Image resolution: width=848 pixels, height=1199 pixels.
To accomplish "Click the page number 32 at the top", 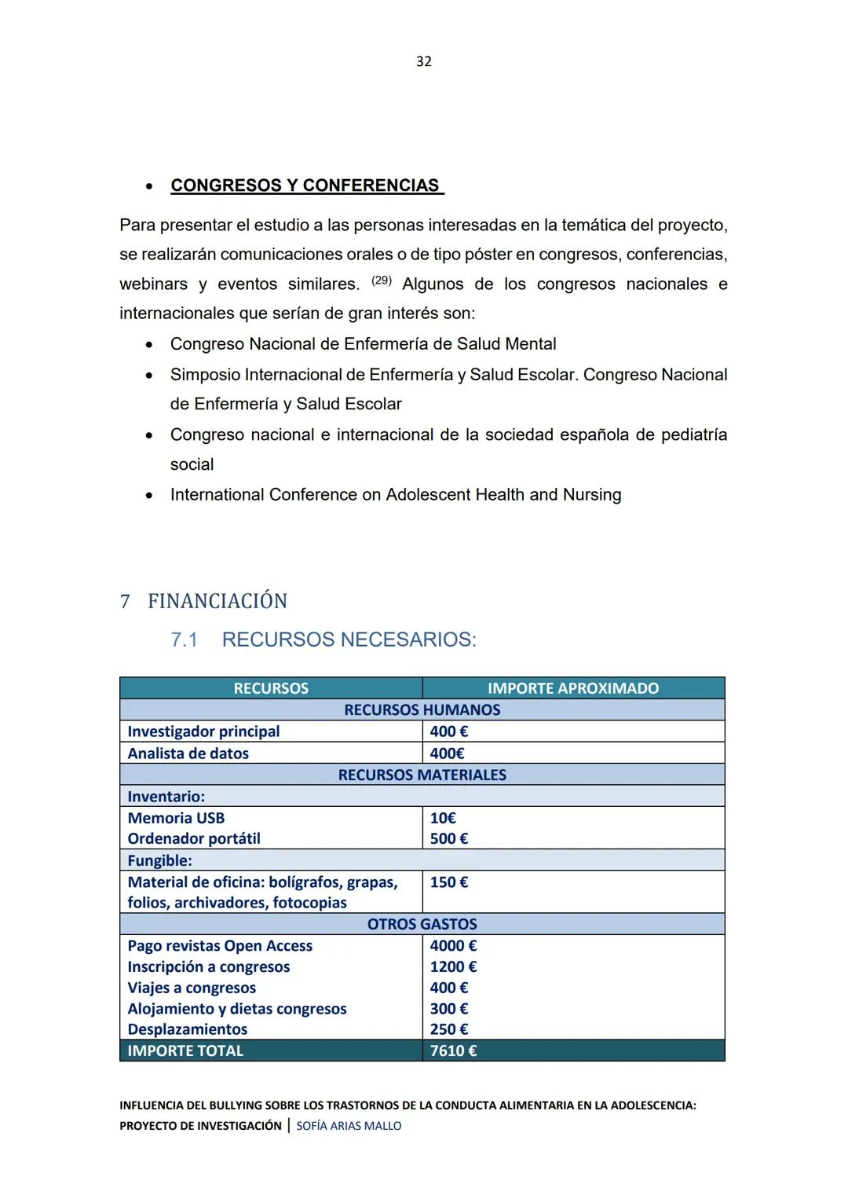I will click(x=423, y=61).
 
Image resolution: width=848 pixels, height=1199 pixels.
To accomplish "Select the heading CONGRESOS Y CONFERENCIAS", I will click(x=305, y=185).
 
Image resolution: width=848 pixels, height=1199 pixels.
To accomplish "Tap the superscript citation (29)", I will click(x=381, y=280).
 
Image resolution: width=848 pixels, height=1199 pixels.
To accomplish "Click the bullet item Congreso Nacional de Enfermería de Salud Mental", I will click(x=363, y=344).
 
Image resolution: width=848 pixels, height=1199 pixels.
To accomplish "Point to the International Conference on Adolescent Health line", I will click(x=395, y=495).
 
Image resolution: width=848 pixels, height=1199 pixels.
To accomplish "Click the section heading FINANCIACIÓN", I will click(x=217, y=601).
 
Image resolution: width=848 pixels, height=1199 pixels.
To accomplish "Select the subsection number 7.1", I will click(x=184, y=640).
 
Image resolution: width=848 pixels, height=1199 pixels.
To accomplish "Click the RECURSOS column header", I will click(x=271, y=688).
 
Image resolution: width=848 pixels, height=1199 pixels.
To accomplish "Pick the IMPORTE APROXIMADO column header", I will click(x=572, y=688).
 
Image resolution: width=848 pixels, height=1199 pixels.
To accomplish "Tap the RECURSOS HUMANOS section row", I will click(x=422, y=709).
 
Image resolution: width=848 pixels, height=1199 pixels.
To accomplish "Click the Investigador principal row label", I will click(x=203, y=731).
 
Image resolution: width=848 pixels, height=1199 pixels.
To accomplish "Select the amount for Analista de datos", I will click(x=447, y=753).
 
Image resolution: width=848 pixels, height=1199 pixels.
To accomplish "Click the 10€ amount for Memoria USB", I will click(x=443, y=818).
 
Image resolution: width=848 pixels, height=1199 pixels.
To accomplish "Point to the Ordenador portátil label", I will click(x=194, y=838).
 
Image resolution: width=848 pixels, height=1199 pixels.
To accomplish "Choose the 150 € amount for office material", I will click(x=448, y=882).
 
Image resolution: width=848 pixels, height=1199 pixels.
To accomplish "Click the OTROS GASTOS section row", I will click(x=422, y=924).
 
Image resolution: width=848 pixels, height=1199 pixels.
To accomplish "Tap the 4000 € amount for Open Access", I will click(x=453, y=946).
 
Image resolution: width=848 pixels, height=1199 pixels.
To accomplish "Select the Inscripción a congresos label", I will click(x=209, y=967).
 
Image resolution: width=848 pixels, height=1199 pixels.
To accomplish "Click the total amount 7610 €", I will click(x=453, y=1051).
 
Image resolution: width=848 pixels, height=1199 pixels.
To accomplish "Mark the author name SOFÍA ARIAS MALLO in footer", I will click(x=349, y=1126).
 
